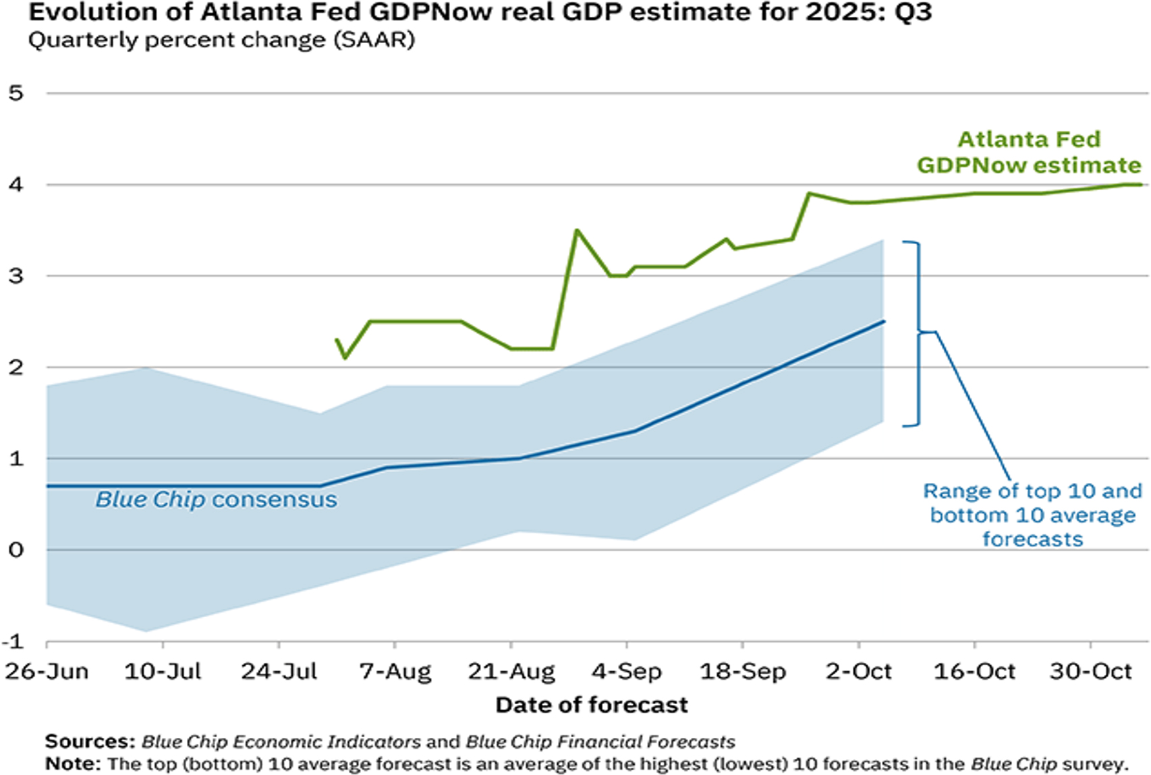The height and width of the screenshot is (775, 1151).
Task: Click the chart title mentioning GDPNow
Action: (x=480, y=12)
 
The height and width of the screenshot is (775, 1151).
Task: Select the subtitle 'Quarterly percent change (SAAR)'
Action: (x=221, y=40)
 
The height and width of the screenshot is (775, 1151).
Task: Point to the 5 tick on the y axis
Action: (x=16, y=93)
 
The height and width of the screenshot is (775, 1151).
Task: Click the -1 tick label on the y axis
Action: (x=13, y=641)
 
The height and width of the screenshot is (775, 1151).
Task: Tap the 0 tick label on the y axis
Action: (x=16, y=550)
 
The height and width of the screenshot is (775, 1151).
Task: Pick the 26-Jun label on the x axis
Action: (x=47, y=672)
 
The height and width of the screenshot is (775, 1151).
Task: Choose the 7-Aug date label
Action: (x=395, y=672)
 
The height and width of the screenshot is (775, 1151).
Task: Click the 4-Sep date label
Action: (x=627, y=672)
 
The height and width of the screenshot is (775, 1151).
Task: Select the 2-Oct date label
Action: (x=858, y=672)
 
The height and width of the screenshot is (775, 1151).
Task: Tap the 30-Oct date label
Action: (x=1090, y=672)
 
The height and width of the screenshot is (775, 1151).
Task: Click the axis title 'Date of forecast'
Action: (x=592, y=706)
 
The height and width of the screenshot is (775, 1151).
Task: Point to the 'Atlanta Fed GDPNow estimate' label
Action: (x=1029, y=152)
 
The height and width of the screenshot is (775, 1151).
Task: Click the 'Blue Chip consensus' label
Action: (x=216, y=500)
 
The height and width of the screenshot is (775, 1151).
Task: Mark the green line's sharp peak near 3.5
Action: (x=577, y=230)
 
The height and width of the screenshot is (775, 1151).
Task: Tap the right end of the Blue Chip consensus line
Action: (x=883, y=322)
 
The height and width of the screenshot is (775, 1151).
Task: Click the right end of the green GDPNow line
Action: (x=1140, y=184)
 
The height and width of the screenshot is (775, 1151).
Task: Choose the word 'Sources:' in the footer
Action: (x=90, y=742)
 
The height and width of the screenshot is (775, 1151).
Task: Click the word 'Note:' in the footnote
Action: (x=73, y=764)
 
